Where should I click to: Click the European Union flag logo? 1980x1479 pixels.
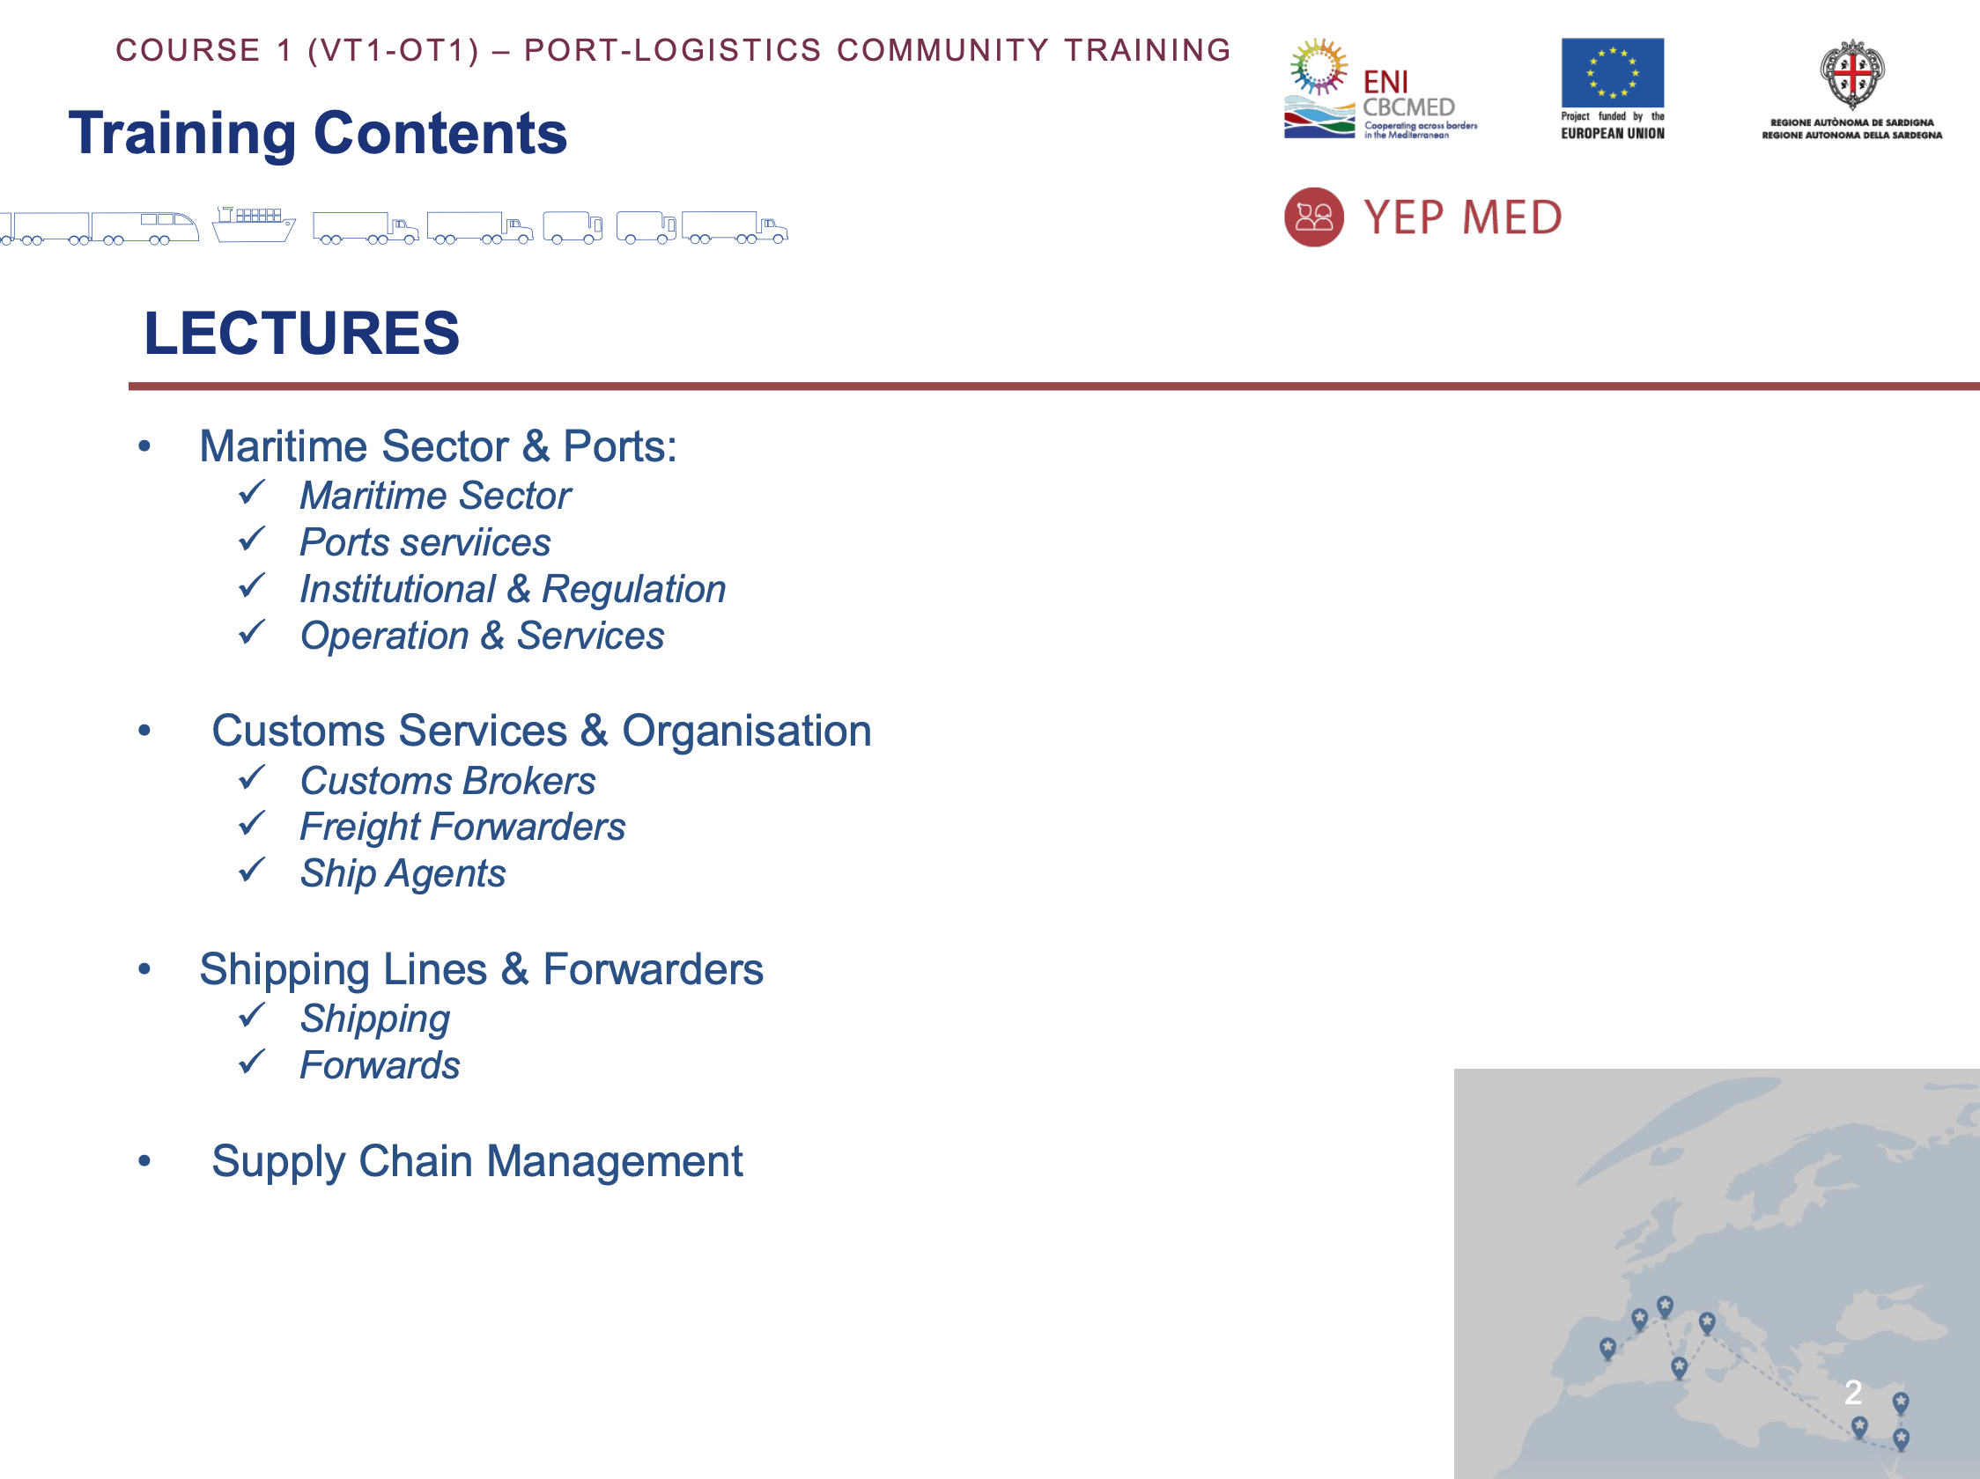click(x=1612, y=72)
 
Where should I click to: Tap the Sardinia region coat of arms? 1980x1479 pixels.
click(x=1852, y=73)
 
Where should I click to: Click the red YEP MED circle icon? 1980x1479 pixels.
click(x=1313, y=217)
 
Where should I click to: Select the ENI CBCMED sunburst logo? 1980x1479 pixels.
click(x=1319, y=66)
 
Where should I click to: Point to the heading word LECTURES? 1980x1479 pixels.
click(x=301, y=333)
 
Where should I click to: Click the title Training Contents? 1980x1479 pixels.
click(x=318, y=133)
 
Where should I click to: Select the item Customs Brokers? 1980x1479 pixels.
click(x=447, y=780)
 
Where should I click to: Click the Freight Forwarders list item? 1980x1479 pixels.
click(x=462, y=827)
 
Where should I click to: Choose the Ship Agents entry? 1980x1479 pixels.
click(x=403, y=873)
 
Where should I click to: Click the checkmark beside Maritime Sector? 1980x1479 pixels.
click(x=253, y=491)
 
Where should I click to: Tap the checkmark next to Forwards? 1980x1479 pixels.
click(x=253, y=1061)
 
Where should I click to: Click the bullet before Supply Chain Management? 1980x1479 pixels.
click(x=145, y=1161)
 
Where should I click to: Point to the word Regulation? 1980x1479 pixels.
click(x=634, y=590)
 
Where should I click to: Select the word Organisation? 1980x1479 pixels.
click(x=747, y=731)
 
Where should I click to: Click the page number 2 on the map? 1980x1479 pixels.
click(x=1853, y=1392)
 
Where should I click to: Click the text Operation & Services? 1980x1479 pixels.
click(x=483, y=636)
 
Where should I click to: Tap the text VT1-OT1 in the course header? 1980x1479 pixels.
click(x=394, y=50)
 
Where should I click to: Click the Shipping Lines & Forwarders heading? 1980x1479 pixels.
click(x=482, y=969)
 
